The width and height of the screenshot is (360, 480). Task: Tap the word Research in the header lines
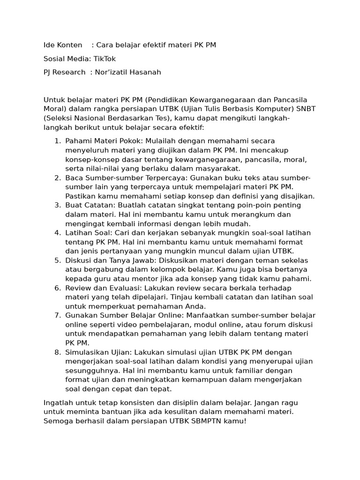click(70, 72)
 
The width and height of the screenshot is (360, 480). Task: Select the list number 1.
click(57, 141)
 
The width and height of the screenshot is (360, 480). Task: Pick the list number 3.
click(57, 205)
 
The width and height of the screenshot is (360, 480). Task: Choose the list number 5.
click(57, 260)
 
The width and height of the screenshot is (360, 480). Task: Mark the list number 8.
click(57, 352)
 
